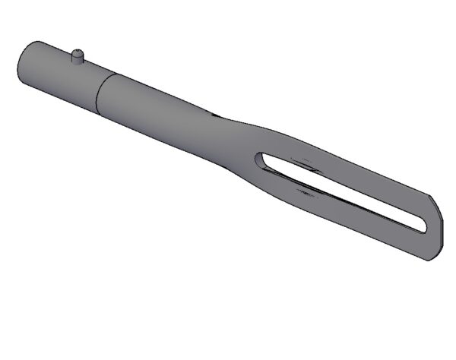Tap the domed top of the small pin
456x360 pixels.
pyautogui.click(x=77, y=52)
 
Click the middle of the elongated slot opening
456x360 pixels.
pyautogui.click(x=342, y=191)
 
